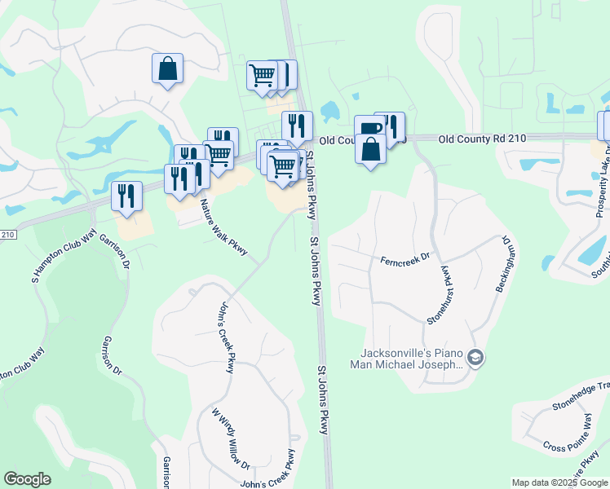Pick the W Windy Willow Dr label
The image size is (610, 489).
tap(231, 438)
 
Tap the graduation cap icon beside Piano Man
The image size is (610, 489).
tap(476, 358)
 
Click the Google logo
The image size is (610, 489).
tap(27, 479)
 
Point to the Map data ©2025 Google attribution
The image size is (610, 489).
tap(559, 482)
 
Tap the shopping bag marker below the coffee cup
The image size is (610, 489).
tap(371, 149)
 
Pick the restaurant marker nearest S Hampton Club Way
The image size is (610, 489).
tap(126, 196)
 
